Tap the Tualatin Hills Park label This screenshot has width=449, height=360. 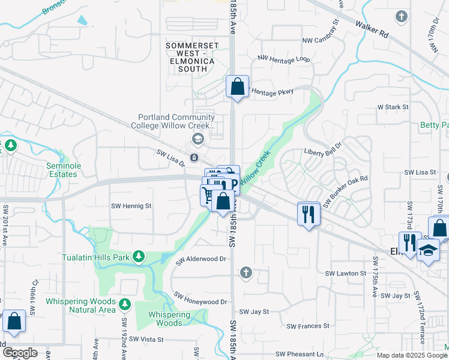point(96,257)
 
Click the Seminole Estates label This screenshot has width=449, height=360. point(63,170)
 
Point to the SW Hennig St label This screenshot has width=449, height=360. point(132,206)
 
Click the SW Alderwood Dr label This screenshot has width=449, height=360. point(200,260)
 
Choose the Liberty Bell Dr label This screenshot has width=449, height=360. point(323,152)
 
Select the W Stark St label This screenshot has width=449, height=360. point(393,107)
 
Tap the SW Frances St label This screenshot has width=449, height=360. point(308,326)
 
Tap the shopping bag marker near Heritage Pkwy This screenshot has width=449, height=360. point(238,86)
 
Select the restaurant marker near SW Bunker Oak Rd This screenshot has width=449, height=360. point(309,214)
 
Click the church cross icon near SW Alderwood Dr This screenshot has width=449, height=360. point(245,274)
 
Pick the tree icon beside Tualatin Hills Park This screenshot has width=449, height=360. point(139,257)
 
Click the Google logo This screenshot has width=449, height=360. point(20,353)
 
